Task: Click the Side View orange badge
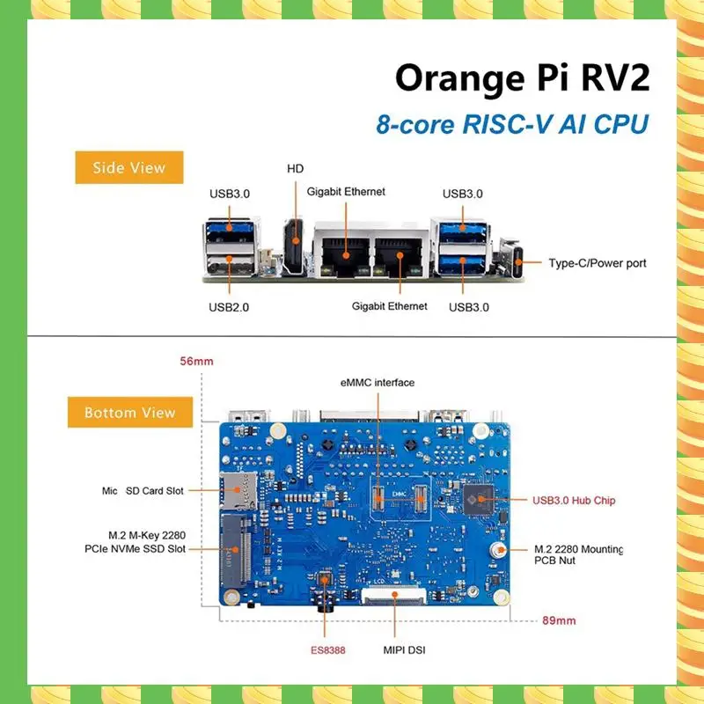129,167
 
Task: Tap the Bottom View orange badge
129,412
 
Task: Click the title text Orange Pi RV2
522,77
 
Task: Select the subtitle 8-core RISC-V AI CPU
511,123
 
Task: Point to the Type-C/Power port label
597,263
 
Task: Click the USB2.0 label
229,307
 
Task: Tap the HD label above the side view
296,168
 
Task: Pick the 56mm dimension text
196,361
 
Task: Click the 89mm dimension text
559,620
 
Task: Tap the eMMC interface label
378,383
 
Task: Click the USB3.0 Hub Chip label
574,501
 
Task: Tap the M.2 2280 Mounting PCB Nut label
579,554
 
